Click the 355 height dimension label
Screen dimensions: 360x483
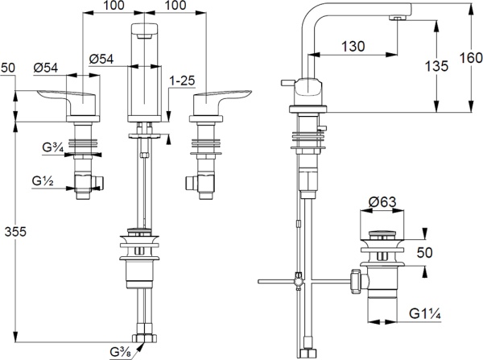pos(16,233)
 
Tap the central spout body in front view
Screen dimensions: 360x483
pos(145,72)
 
